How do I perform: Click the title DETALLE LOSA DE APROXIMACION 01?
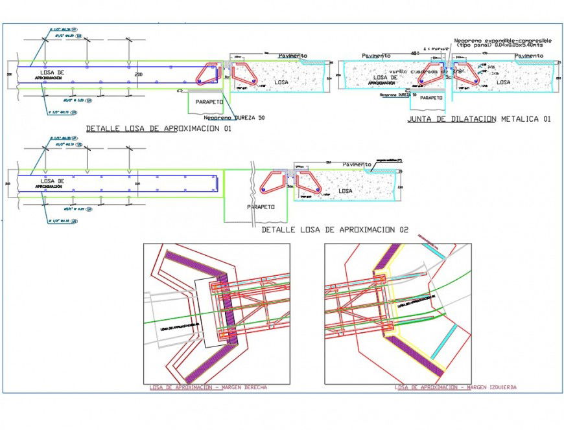[x=159, y=129]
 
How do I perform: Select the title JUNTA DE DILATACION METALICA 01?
[x=479, y=119]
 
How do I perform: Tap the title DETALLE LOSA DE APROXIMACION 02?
[x=335, y=229]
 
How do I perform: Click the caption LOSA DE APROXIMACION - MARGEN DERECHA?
[x=216, y=387]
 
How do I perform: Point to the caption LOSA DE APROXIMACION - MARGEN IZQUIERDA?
[x=456, y=387]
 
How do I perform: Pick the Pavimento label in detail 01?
[x=293, y=56]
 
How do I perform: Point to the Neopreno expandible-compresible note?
[x=503, y=43]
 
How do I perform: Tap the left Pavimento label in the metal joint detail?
[x=377, y=56]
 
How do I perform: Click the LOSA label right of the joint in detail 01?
[x=281, y=82]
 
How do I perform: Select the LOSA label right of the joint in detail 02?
[x=346, y=191]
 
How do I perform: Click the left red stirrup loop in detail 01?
[x=208, y=73]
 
